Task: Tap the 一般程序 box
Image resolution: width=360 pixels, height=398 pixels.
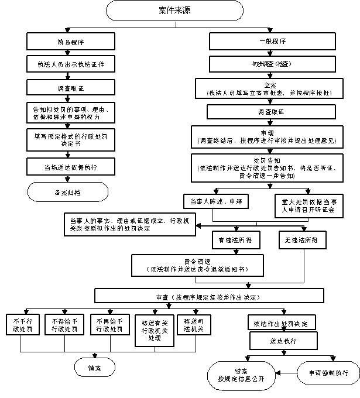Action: tap(272, 42)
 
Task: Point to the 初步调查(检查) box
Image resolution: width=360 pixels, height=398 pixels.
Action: tap(272, 63)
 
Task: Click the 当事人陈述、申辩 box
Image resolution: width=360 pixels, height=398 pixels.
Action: tap(212, 202)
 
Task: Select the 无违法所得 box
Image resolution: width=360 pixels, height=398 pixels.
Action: tap(303, 239)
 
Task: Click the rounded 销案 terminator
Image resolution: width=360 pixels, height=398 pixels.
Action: tap(94, 368)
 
